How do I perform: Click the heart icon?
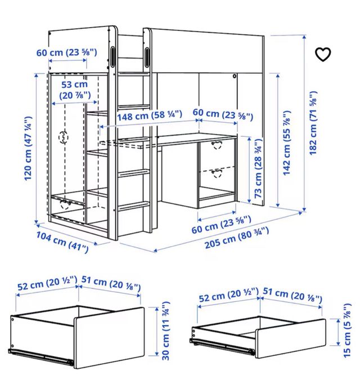point(323,55)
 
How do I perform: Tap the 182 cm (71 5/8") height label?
point(313,123)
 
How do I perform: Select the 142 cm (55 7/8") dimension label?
point(286,143)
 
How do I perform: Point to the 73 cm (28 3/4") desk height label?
point(258,168)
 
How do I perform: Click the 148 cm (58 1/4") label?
point(150,115)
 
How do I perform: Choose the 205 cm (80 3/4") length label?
point(237,238)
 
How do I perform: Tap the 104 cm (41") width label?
point(62,242)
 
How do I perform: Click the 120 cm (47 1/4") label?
point(28,148)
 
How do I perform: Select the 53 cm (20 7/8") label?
point(75,90)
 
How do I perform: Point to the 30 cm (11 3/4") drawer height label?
point(165,331)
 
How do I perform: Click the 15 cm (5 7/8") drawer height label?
point(346,330)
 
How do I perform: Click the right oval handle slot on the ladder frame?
point(147,57)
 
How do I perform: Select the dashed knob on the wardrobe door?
point(64,137)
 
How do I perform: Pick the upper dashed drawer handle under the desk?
point(217,145)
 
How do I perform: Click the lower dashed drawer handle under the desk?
point(217,173)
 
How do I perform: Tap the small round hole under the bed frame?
point(234,76)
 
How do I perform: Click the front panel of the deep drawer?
point(109,338)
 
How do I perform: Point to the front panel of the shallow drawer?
point(291,338)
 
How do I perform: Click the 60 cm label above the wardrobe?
point(66,52)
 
